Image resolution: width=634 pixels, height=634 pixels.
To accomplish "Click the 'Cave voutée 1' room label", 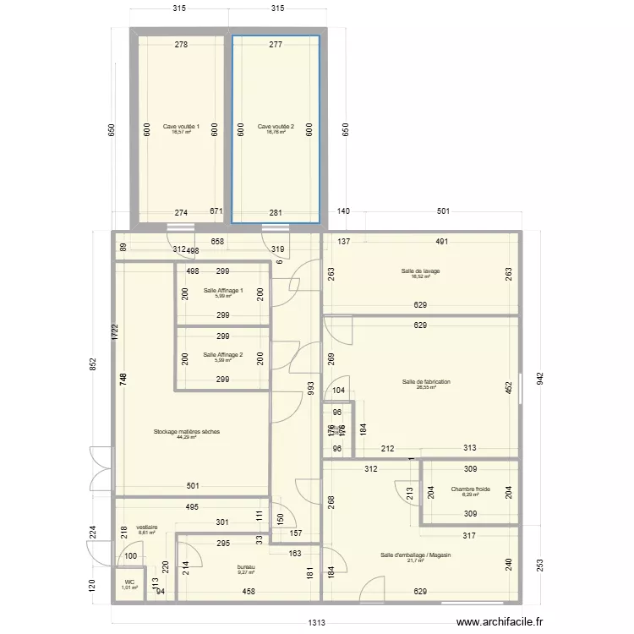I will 181,127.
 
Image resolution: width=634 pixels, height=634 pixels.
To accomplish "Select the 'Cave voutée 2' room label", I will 276,127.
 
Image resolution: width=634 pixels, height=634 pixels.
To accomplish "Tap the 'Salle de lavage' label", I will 420,271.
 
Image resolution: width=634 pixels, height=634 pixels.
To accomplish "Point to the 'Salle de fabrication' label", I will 426,382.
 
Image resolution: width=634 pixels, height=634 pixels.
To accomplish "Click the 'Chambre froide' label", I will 470,489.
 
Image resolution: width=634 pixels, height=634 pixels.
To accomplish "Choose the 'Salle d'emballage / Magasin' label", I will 416,555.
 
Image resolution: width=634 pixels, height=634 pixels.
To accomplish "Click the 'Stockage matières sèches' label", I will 186,432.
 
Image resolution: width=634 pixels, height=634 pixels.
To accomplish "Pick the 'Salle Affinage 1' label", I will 223,291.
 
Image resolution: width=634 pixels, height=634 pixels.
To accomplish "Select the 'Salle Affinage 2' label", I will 223,355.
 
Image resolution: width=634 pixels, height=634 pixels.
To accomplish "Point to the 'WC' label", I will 129,582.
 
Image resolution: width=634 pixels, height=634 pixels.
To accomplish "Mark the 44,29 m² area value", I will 186,438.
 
